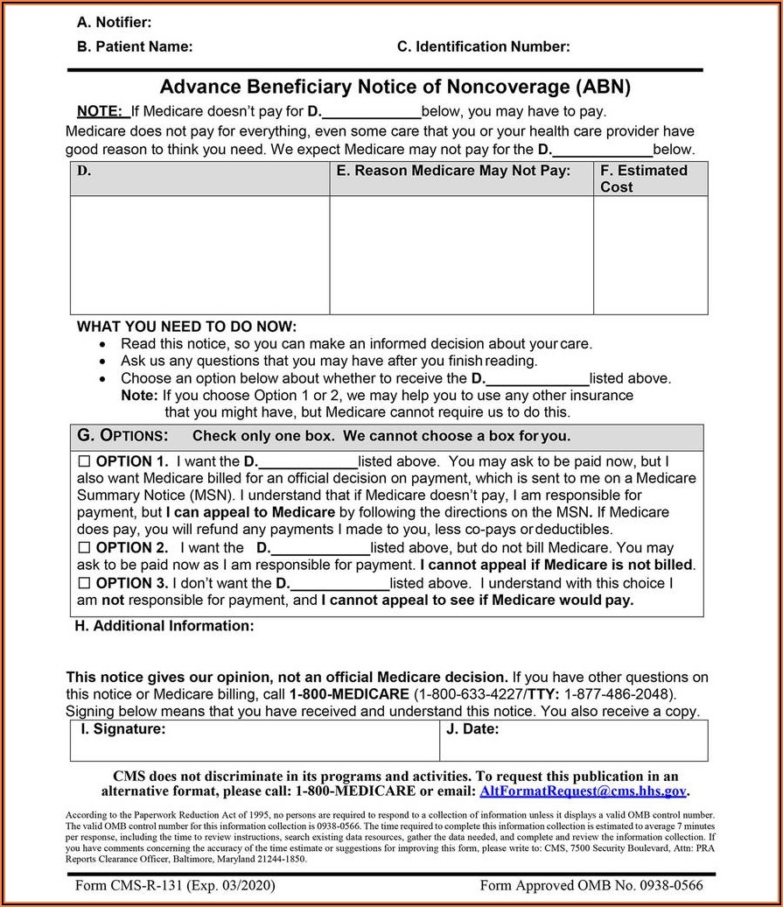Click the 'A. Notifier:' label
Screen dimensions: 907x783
pyautogui.click(x=114, y=22)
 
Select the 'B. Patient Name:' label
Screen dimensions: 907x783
pyautogui.click(x=135, y=47)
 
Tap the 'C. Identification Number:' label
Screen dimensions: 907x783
pyautogui.click(x=483, y=47)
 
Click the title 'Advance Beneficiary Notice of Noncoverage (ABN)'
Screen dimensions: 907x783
pyautogui.click(x=395, y=88)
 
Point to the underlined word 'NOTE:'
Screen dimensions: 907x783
pyautogui.click(x=100, y=111)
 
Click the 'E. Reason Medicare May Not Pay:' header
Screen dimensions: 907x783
pyautogui.click(x=453, y=171)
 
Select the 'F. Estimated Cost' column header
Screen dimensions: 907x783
pyautogui.click(x=644, y=179)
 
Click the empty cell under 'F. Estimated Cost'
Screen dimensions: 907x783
pyautogui.click(x=650, y=255)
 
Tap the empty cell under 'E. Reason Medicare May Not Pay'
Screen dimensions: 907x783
pyautogui.click(x=461, y=255)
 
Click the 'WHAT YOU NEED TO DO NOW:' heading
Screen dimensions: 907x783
pyautogui.click(x=186, y=327)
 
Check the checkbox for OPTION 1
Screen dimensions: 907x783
pyautogui.click(x=85, y=461)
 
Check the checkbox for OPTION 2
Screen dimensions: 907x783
pyautogui.click(x=85, y=548)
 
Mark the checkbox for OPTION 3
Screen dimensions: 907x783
pyautogui.click(x=85, y=583)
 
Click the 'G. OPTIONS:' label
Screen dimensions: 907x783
pyautogui.click(x=122, y=436)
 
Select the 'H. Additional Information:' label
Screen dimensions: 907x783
pyautogui.click(x=164, y=626)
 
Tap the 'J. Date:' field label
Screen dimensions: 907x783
pyautogui.click(x=472, y=728)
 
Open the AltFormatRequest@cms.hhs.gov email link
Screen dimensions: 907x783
pyautogui.click(x=583, y=791)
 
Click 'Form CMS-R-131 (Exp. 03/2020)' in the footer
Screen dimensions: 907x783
pyautogui.click(x=175, y=885)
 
